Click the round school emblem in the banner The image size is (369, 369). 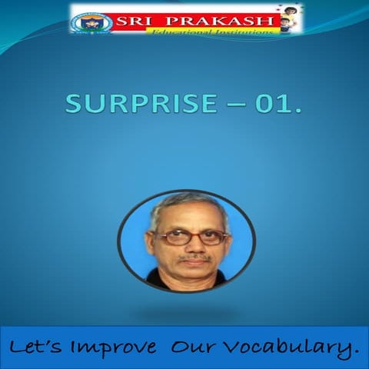click(92, 21)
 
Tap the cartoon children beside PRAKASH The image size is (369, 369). click(288, 19)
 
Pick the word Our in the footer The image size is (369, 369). click(194, 348)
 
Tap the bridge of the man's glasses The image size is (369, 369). click(188, 235)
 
